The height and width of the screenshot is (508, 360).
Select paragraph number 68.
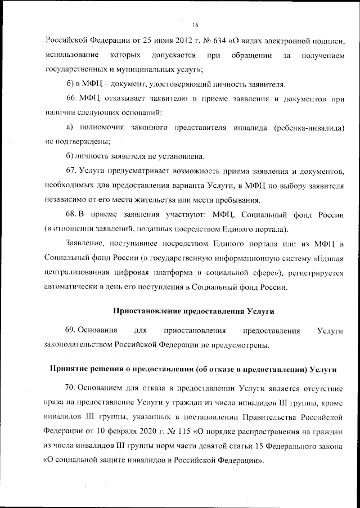(x=71, y=215)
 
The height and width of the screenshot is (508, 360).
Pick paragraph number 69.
(x=71, y=330)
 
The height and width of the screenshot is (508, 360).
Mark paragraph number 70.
(x=71, y=388)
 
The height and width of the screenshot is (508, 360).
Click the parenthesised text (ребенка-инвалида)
(x=309, y=128)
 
